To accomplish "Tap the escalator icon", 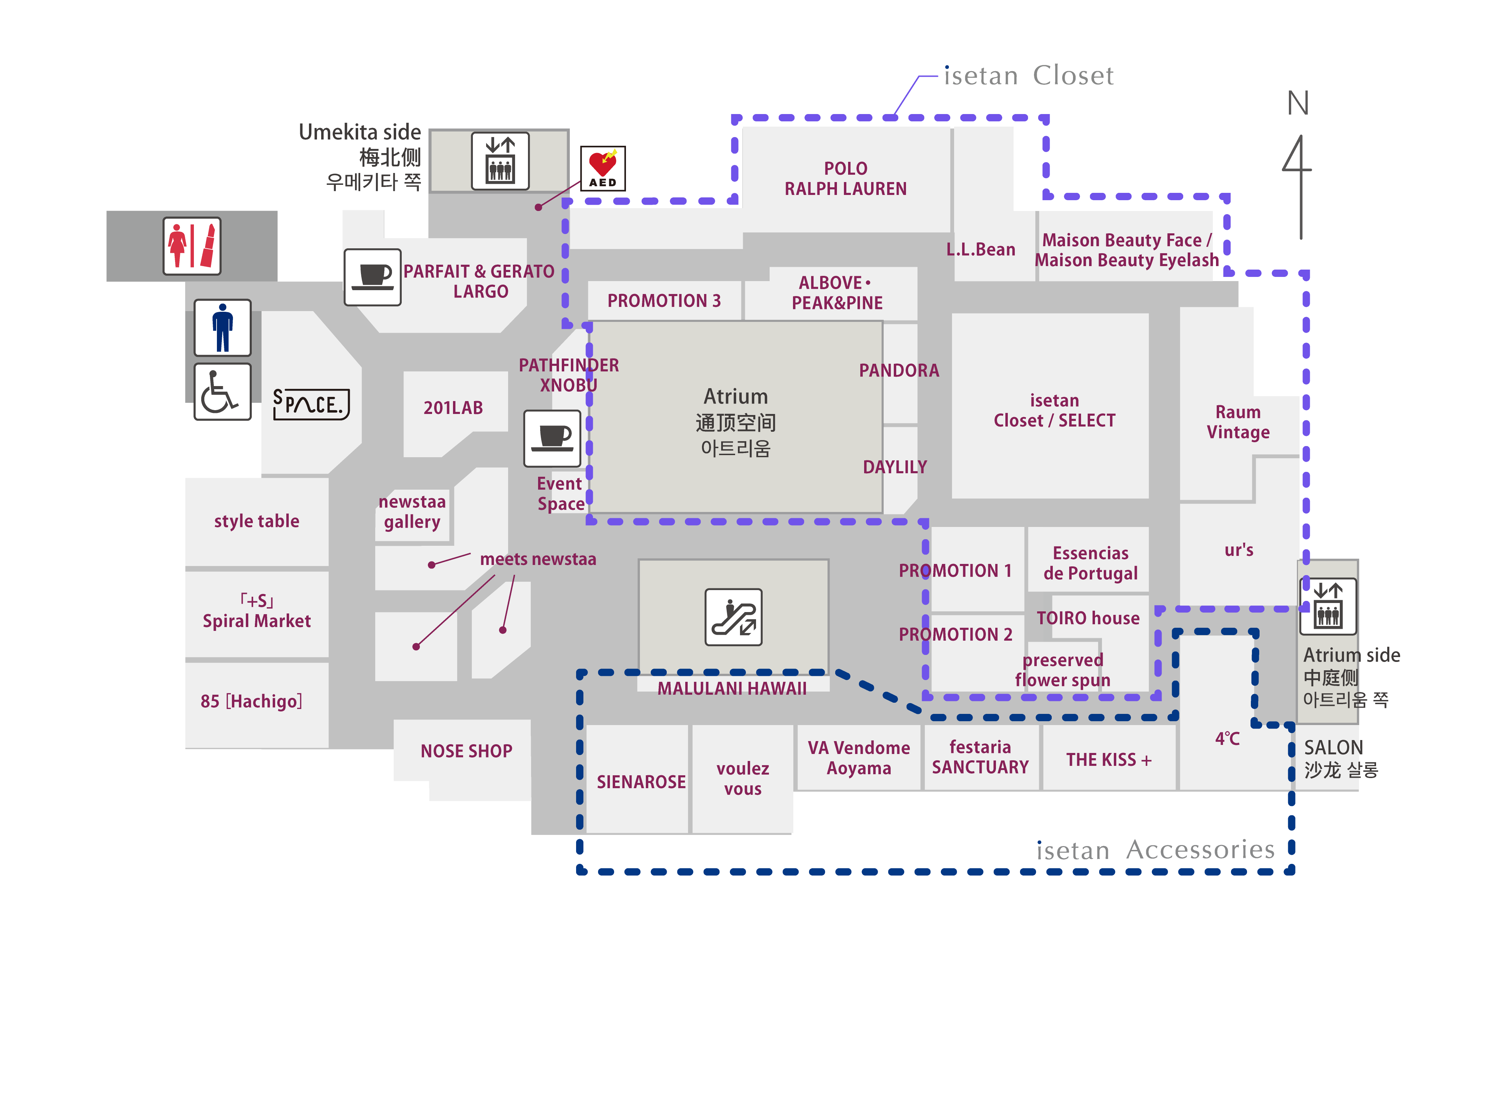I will pyautogui.click(x=733, y=617).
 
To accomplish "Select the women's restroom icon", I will pyautogui.click(x=192, y=246).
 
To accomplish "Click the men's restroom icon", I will pyautogui.click(x=222, y=327).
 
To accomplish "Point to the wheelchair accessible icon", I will pyautogui.click(x=222, y=392).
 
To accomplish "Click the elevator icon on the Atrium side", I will pyautogui.click(x=1328, y=606).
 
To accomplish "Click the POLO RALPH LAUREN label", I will pyautogui.click(x=846, y=178).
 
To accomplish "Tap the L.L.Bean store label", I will pyautogui.click(x=980, y=250).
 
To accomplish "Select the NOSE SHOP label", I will pyautogui.click(x=466, y=751).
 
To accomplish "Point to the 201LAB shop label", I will pyautogui.click(x=453, y=408).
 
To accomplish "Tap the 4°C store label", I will pyautogui.click(x=1227, y=739).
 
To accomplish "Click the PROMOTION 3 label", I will pyautogui.click(x=664, y=301).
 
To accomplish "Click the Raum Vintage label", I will pyautogui.click(x=1238, y=422).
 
